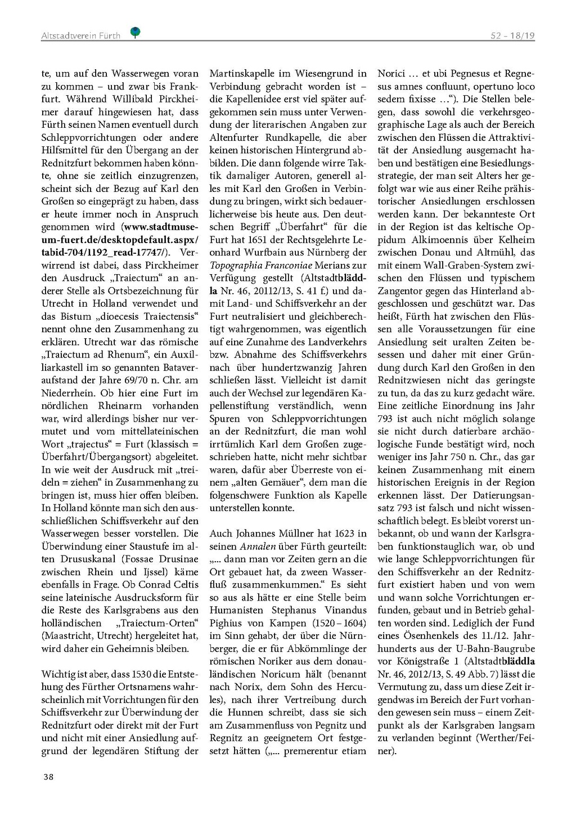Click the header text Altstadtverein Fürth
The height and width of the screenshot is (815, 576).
pos(80,35)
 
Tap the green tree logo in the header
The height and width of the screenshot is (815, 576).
pos(135,33)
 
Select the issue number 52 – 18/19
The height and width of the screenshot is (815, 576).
pos(512,35)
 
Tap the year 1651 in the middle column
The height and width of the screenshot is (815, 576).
pos(273,240)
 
